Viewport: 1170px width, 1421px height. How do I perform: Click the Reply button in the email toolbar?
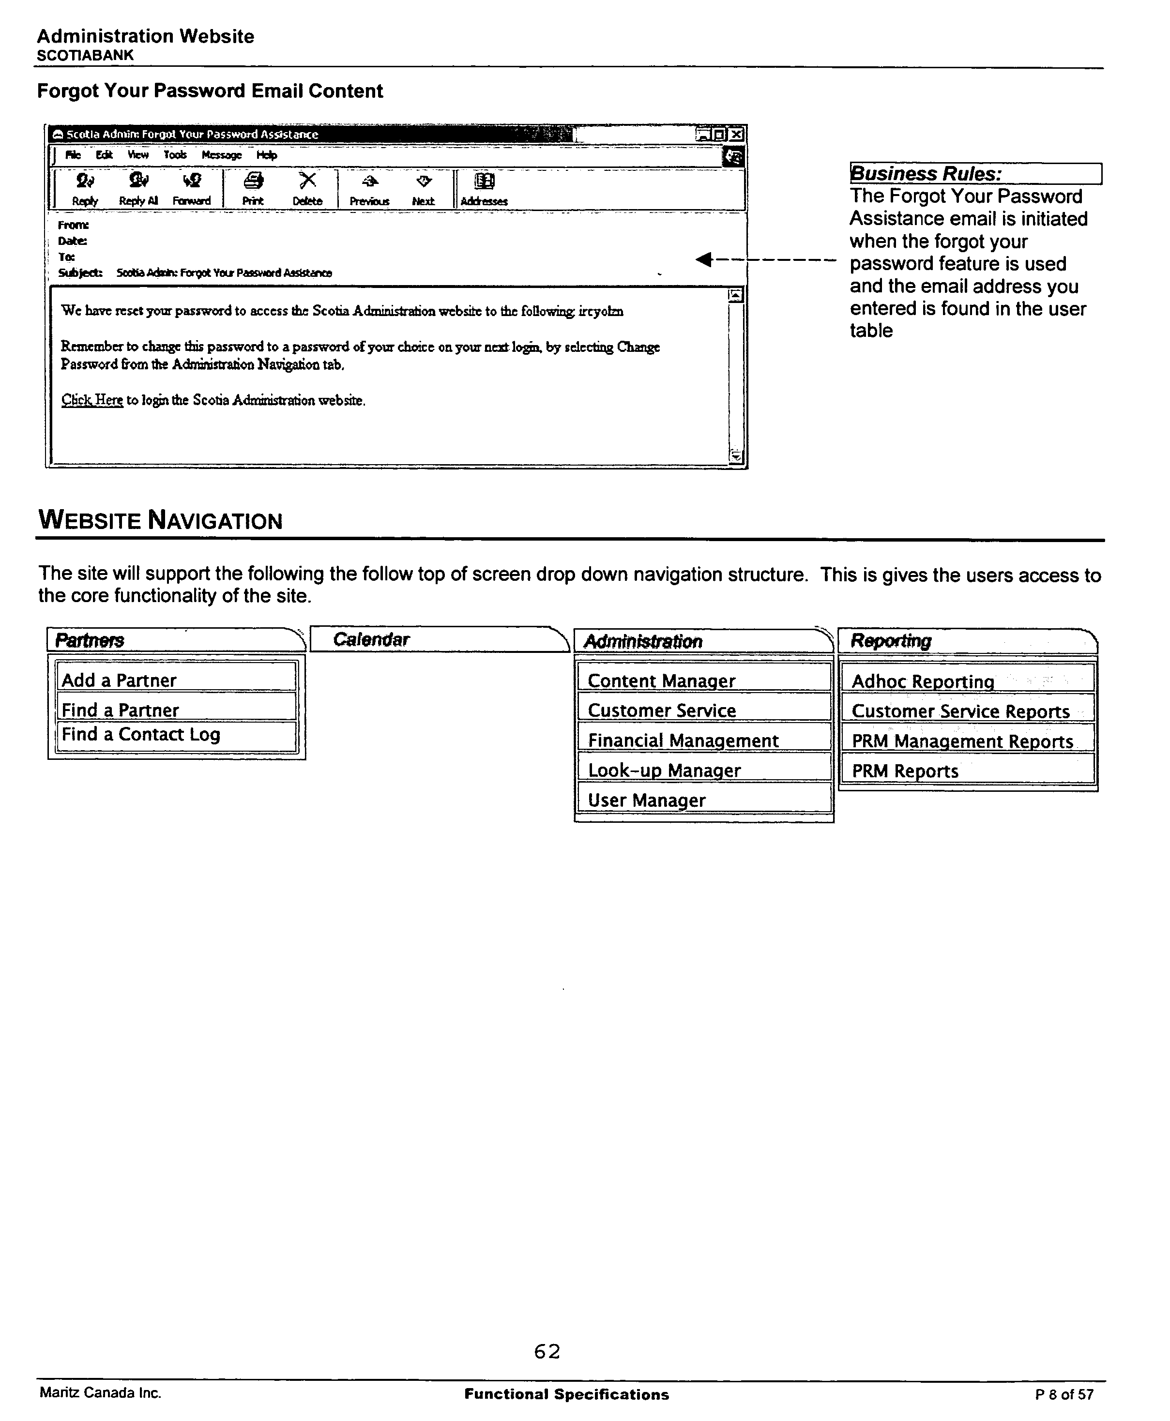pyautogui.click(x=85, y=189)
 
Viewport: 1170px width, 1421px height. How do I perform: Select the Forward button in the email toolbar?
pyautogui.click(x=191, y=189)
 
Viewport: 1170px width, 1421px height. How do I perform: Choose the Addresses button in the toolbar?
pyautogui.click(x=484, y=189)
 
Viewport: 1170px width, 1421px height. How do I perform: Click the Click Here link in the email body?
pyautogui.click(x=92, y=400)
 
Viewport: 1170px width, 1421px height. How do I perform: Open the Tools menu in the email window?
pyautogui.click(x=175, y=155)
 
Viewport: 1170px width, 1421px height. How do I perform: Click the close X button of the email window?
pyautogui.click(x=737, y=135)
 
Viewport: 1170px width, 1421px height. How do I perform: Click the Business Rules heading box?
pyautogui.click(x=974, y=174)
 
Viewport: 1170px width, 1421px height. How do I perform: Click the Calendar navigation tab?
pyautogui.click(x=438, y=639)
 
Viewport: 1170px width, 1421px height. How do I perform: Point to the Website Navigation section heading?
pyautogui.click(x=160, y=520)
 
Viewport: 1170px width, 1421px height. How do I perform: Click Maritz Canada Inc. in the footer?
pyautogui.click(x=100, y=1393)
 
